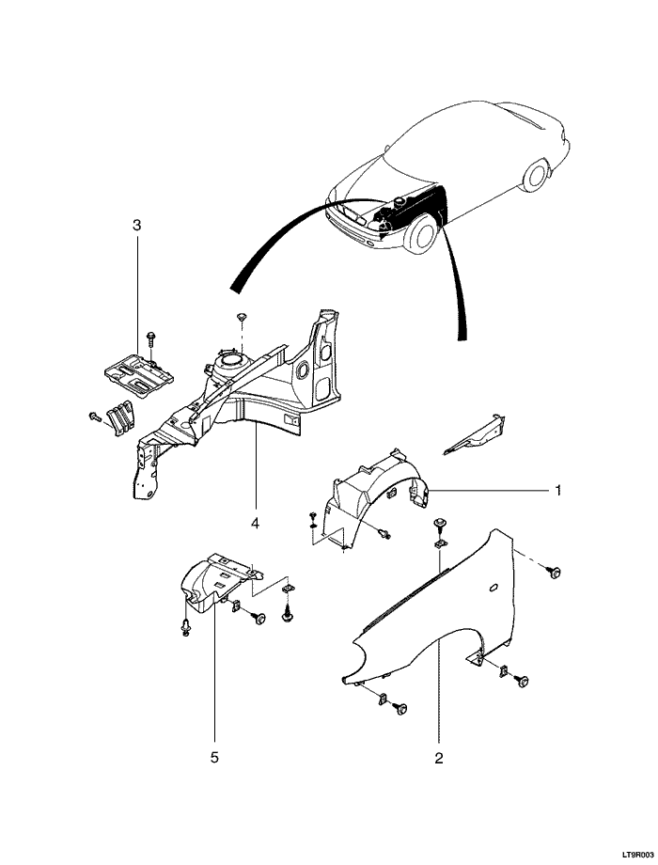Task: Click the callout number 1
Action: [557, 490]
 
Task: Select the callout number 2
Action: [438, 755]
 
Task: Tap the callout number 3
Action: [137, 226]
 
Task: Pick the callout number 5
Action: [213, 755]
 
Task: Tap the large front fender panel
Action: [423, 611]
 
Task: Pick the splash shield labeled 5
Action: [211, 583]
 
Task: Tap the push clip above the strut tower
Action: [241, 317]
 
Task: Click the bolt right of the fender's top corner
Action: [555, 572]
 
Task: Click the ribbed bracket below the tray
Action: [117, 417]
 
